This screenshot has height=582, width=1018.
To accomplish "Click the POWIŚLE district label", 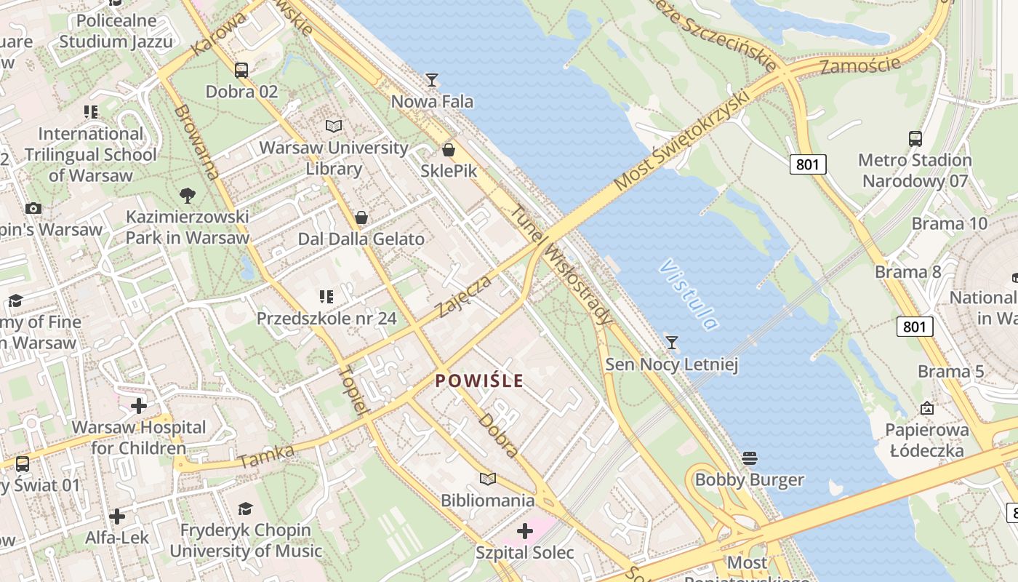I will (479, 380).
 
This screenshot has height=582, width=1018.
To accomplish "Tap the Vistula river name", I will (689, 295).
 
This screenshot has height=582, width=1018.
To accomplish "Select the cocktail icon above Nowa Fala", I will (432, 79).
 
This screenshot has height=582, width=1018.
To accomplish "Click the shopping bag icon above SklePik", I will (449, 150).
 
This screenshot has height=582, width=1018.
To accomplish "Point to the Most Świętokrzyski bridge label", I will (681, 140).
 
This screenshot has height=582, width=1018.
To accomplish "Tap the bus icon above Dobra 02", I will (241, 71).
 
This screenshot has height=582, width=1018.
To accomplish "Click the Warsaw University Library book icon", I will (334, 127).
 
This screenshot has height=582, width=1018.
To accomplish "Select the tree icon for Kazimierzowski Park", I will (188, 195).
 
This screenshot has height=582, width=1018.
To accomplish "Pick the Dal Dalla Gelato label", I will (361, 239).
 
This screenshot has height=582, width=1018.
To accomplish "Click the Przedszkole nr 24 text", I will (326, 318).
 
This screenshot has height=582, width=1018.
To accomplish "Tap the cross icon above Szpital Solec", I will (524, 531).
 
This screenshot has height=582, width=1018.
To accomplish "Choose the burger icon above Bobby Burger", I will (750, 458).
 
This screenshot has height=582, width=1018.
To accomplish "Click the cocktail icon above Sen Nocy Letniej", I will (672, 342).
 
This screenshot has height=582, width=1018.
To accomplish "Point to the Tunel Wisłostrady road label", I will (562, 265).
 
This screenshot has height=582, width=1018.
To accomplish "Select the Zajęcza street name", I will (465, 296).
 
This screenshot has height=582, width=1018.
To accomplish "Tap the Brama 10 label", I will (950, 223).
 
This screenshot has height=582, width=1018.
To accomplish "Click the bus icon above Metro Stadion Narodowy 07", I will (915, 139).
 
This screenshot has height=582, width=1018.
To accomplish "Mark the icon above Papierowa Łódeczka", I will (926, 408).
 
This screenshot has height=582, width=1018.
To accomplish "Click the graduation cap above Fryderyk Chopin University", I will (246, 509).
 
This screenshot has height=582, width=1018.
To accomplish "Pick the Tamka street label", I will (265, 456).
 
